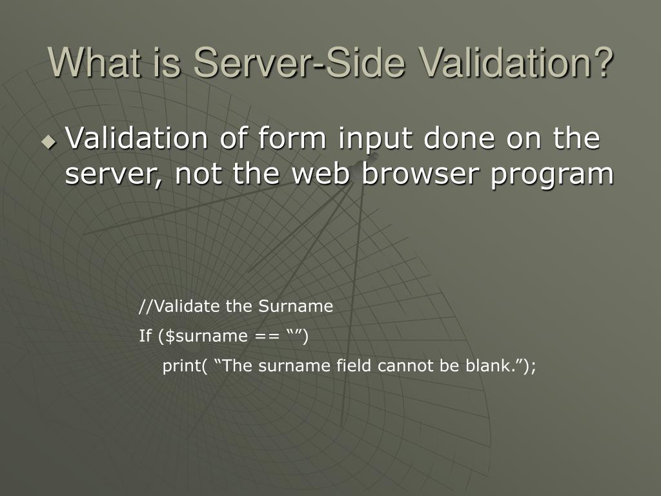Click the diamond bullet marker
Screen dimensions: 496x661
point(49,141)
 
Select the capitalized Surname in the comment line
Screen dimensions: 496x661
point(296,306)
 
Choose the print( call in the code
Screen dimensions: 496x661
point(185,366)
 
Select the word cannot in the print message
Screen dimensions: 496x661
point(402,366)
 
